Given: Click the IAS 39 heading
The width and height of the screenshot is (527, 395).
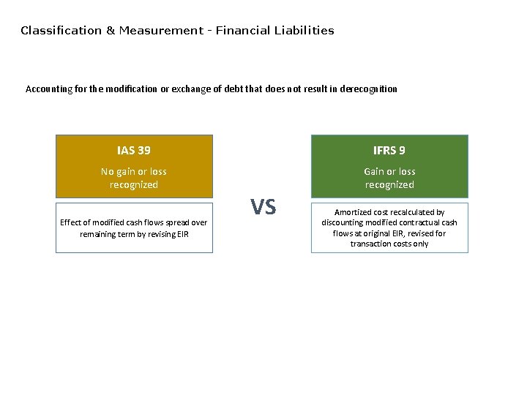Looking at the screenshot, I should point(134,151).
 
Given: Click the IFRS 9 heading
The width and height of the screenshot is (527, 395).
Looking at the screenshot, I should point(389,151).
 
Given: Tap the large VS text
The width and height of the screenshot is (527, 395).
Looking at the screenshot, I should point(263,208).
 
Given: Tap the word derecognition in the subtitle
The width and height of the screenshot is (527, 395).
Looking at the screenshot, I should point(370,89).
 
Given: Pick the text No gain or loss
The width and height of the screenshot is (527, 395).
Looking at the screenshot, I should point(134,172).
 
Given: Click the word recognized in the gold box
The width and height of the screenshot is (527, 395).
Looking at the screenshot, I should point(134,185).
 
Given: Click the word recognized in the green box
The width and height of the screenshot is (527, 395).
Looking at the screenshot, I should point(389,185).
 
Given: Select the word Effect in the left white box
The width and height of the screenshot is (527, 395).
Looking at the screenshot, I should point(71,222).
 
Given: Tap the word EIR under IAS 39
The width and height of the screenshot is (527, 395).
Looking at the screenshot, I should point(182,234).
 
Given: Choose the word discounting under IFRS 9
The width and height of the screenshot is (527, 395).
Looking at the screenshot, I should point(345,222).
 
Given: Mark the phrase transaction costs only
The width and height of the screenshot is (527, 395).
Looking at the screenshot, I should point(389,244).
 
